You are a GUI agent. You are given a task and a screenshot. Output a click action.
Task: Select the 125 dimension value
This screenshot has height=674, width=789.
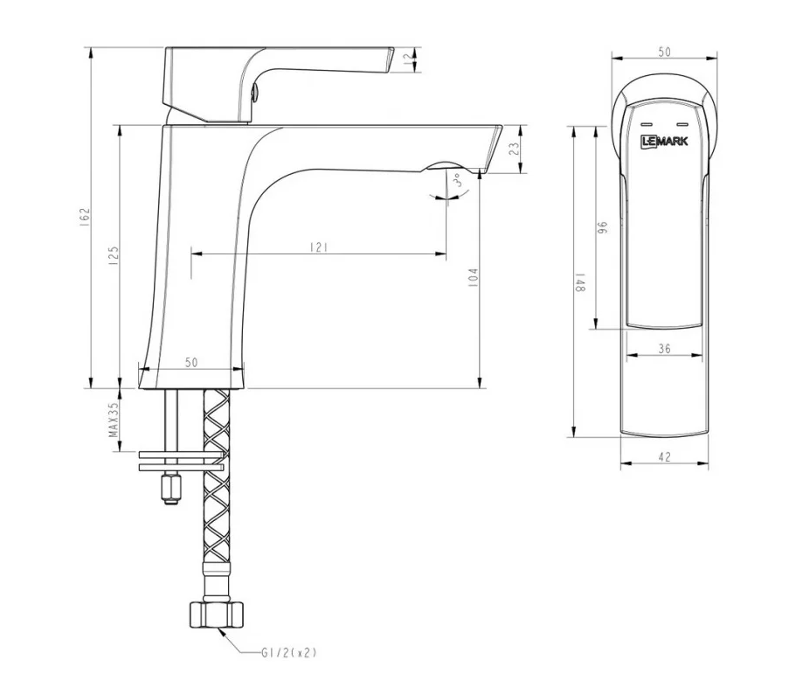tap(114, 254)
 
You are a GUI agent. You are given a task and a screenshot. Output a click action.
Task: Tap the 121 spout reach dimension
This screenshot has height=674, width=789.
tap(318, 248)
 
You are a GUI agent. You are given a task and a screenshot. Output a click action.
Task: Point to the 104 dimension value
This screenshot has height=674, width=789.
tap(473, 278)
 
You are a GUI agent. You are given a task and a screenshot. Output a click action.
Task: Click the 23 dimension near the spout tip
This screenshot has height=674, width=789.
tap(514, 149)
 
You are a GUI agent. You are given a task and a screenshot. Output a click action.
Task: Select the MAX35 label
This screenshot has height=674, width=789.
tap(114, 420)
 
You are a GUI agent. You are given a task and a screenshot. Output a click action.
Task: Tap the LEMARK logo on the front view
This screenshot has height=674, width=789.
tap(664, 141)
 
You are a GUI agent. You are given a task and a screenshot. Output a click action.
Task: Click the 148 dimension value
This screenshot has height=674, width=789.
tap(578, 289)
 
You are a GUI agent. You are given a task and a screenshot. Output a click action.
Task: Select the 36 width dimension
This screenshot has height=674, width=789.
tap(664, 348)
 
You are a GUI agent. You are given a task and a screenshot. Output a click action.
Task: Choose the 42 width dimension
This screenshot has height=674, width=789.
tap(664, 457)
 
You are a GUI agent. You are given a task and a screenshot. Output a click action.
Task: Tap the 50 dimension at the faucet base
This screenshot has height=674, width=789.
tap(191, 362)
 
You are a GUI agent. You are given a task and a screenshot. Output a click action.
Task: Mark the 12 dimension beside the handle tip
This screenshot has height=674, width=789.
tap(405, 59)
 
